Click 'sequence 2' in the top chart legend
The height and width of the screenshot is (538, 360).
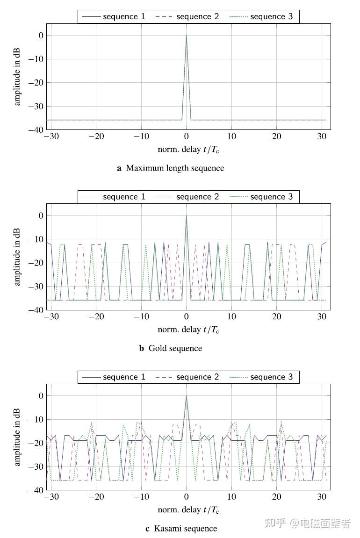pos(197,17)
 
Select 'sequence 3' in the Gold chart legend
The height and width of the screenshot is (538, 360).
pos(271,197)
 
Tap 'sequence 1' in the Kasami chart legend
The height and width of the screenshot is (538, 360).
pos(124,377)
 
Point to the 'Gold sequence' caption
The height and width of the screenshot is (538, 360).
pos(175,348)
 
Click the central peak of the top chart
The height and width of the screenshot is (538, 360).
pos(187,36)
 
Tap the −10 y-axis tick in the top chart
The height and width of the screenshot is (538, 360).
pos(37,59)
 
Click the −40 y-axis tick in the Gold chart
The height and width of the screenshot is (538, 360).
pos(37,310)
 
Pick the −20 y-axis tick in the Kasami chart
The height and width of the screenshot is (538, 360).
pos(37,443)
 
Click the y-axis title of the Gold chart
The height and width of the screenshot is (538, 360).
pos(18,256)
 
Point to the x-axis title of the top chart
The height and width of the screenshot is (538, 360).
pos(188,150)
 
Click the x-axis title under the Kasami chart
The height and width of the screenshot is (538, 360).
pos(188,510)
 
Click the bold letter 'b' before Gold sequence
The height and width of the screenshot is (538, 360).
pos(141,348)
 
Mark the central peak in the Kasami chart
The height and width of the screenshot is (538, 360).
pos(187,396)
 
